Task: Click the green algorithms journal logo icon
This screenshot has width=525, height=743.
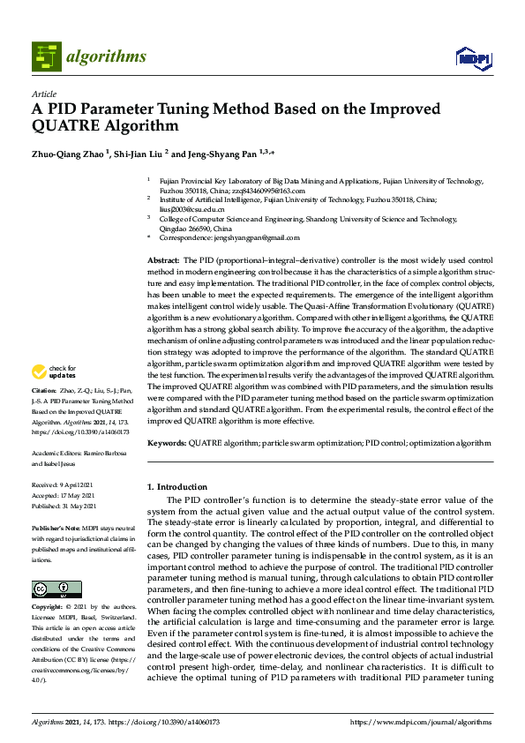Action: pyautogui.click(x=46, y=56)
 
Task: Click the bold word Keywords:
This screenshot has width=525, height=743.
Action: pyautogui.click(x=167, y=443)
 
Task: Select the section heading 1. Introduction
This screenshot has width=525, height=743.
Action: pyautogui.click(x=177, y=487)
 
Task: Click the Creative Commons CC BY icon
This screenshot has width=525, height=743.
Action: pyautogui.click(x=50, y=589)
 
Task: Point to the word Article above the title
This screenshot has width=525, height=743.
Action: pyautogui.click(x=44, y=94)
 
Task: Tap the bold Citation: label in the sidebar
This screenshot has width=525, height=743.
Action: pyautogui.click(x=44, y=414)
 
